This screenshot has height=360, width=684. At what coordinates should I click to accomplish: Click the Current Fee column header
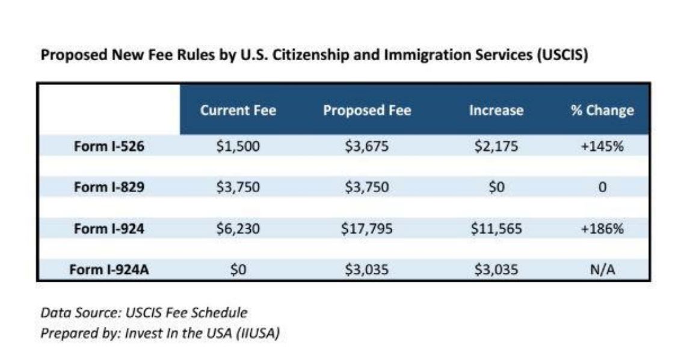click(238, 111)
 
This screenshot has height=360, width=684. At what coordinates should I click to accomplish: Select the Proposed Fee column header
click(367, 111)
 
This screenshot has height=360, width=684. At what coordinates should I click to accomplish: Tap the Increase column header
click(496, 111)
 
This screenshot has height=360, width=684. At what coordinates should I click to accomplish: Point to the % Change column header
click(602, 111)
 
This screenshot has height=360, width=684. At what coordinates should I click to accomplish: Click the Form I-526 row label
click(109, 146)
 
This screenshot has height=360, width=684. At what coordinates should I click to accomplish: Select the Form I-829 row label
click(109, 187)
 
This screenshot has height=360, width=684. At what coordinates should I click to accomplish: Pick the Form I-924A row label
click(109, 270)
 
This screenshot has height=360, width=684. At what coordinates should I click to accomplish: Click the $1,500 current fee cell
click(238, 146)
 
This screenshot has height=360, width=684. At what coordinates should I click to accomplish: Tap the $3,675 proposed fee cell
click(367, 146)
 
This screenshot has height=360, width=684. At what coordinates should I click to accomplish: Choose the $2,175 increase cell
click(496, 146)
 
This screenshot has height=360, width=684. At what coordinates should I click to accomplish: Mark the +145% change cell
click(602, 146)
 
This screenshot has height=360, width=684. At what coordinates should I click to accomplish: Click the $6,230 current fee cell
click(238, 229)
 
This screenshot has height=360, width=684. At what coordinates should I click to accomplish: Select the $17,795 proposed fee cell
click(367, 229)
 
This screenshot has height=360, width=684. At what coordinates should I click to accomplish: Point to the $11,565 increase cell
click(496, 229)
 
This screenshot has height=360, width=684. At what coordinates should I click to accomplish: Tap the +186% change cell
click(602, 229)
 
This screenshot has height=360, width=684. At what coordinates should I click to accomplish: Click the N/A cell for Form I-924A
click(602, 270)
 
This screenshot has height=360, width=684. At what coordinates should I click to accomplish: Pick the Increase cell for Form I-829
click(496, 187)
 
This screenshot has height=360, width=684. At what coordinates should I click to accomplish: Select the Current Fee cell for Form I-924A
click(238, 270)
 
